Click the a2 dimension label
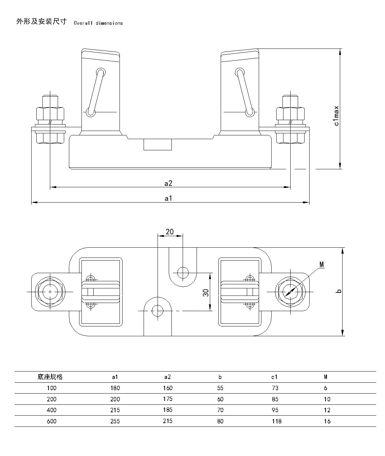168,183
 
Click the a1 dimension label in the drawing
168,198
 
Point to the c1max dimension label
336,116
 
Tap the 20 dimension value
169,232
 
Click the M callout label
322,264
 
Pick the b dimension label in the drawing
338,291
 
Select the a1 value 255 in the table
115,421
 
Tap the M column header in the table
325,377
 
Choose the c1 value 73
275,388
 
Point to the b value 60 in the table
220,399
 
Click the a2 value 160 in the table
167,388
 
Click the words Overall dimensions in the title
98,23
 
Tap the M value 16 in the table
327,421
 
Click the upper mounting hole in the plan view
183,272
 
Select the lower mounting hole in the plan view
158,310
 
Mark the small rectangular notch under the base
158,144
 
